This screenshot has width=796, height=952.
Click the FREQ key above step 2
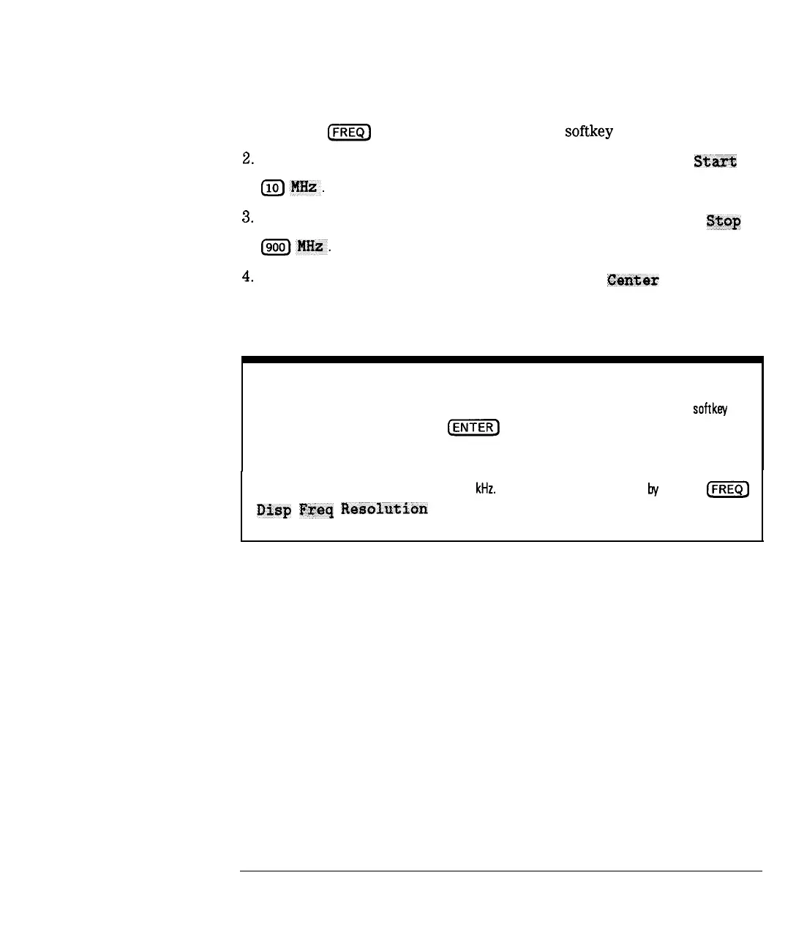(x=350, y=133)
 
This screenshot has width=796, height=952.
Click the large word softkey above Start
(x=588, y=132)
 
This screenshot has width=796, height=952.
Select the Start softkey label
(x=715, y=162)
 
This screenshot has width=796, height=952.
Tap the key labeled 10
(x=272, y=188)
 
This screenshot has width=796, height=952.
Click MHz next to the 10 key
(x=304, y=187)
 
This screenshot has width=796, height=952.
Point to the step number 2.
(x=247, y=159)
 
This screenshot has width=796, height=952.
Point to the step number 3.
(x=247, y=217)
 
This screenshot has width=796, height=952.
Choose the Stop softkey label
(x=723, y=221)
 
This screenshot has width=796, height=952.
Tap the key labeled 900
(x=275, y=248)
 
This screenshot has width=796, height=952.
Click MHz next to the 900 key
(x=311, y=247)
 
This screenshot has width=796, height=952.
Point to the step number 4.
(x=247, y=277)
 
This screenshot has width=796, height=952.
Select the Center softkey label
(x=633, y=280)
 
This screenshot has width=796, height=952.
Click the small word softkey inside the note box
(x=710, y=409)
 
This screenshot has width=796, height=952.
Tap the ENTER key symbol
(x=473, y=428)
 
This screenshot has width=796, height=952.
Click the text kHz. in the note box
(x=486, y=488)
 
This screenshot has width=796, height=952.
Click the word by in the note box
(x=653, y=489)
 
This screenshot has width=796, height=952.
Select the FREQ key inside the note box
(x=727, y=489)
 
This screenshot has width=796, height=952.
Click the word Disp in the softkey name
(x=274, y=510)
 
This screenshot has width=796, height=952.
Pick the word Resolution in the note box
(x=384, y=509)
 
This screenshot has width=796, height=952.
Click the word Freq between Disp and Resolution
(x=316, y=510)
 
